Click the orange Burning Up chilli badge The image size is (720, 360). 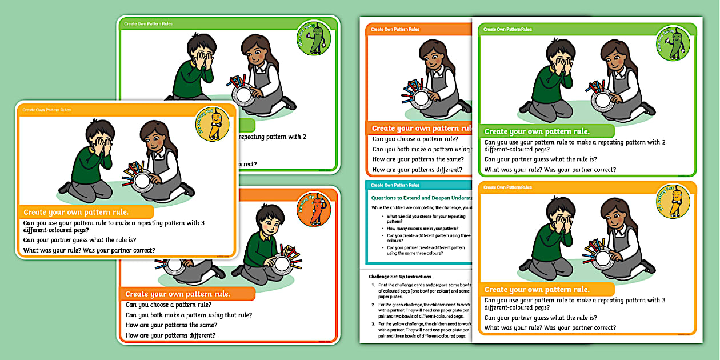coord(314,209)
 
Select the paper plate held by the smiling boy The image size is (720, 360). coord(282,263)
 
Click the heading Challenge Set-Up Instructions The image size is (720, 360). coord(400,277)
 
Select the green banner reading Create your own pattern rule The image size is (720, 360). coord(546,131)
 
